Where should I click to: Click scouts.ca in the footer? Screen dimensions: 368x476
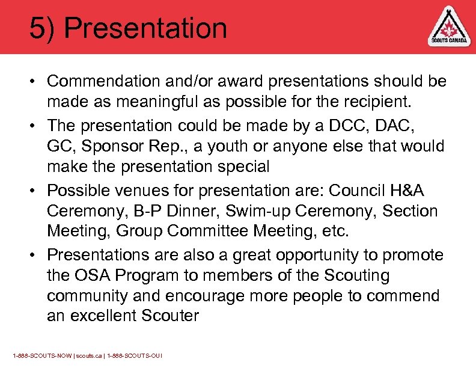[87, 356]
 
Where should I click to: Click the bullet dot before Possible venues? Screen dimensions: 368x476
[36, 191]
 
